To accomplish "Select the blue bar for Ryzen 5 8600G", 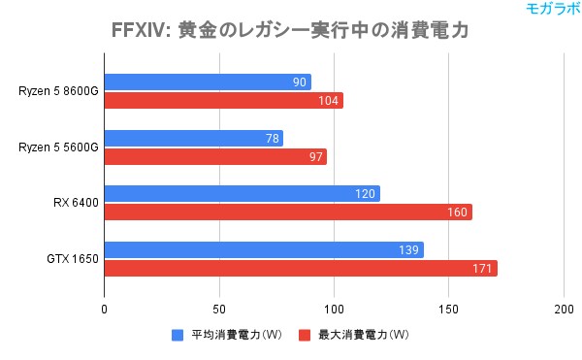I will (x=208, y=82).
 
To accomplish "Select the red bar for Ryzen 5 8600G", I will (x=223, y=101).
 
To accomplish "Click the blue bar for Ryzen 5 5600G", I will (x=193, y=139).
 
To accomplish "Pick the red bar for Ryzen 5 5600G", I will (x=215, y=156).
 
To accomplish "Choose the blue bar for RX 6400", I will (x=242, y=194).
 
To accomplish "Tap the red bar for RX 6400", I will (x=288, y=213).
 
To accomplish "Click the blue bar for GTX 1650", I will (x=264, y=250).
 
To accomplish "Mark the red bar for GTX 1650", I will (x=301, y=268).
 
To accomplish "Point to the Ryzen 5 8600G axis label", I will (x=57, y=91).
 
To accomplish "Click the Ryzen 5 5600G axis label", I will (x=57, y=147).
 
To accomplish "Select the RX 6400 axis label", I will (x=75, y=204).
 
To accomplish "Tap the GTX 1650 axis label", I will (x=72, y=259).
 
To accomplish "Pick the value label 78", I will (x=272, y=139).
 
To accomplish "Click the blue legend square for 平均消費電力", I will (x=178, y=335).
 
